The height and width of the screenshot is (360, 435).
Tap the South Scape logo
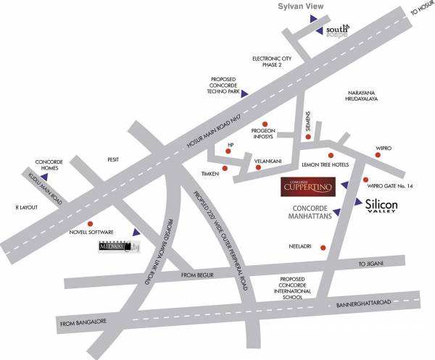338,30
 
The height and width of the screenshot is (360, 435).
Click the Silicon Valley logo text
382,206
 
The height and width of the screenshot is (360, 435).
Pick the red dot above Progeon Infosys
266,123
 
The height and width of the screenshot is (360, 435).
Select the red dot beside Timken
224,169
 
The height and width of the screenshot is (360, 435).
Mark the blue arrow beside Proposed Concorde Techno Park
245,93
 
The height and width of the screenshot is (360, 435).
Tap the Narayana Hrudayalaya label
365,99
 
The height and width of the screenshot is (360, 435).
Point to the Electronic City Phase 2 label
276,61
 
